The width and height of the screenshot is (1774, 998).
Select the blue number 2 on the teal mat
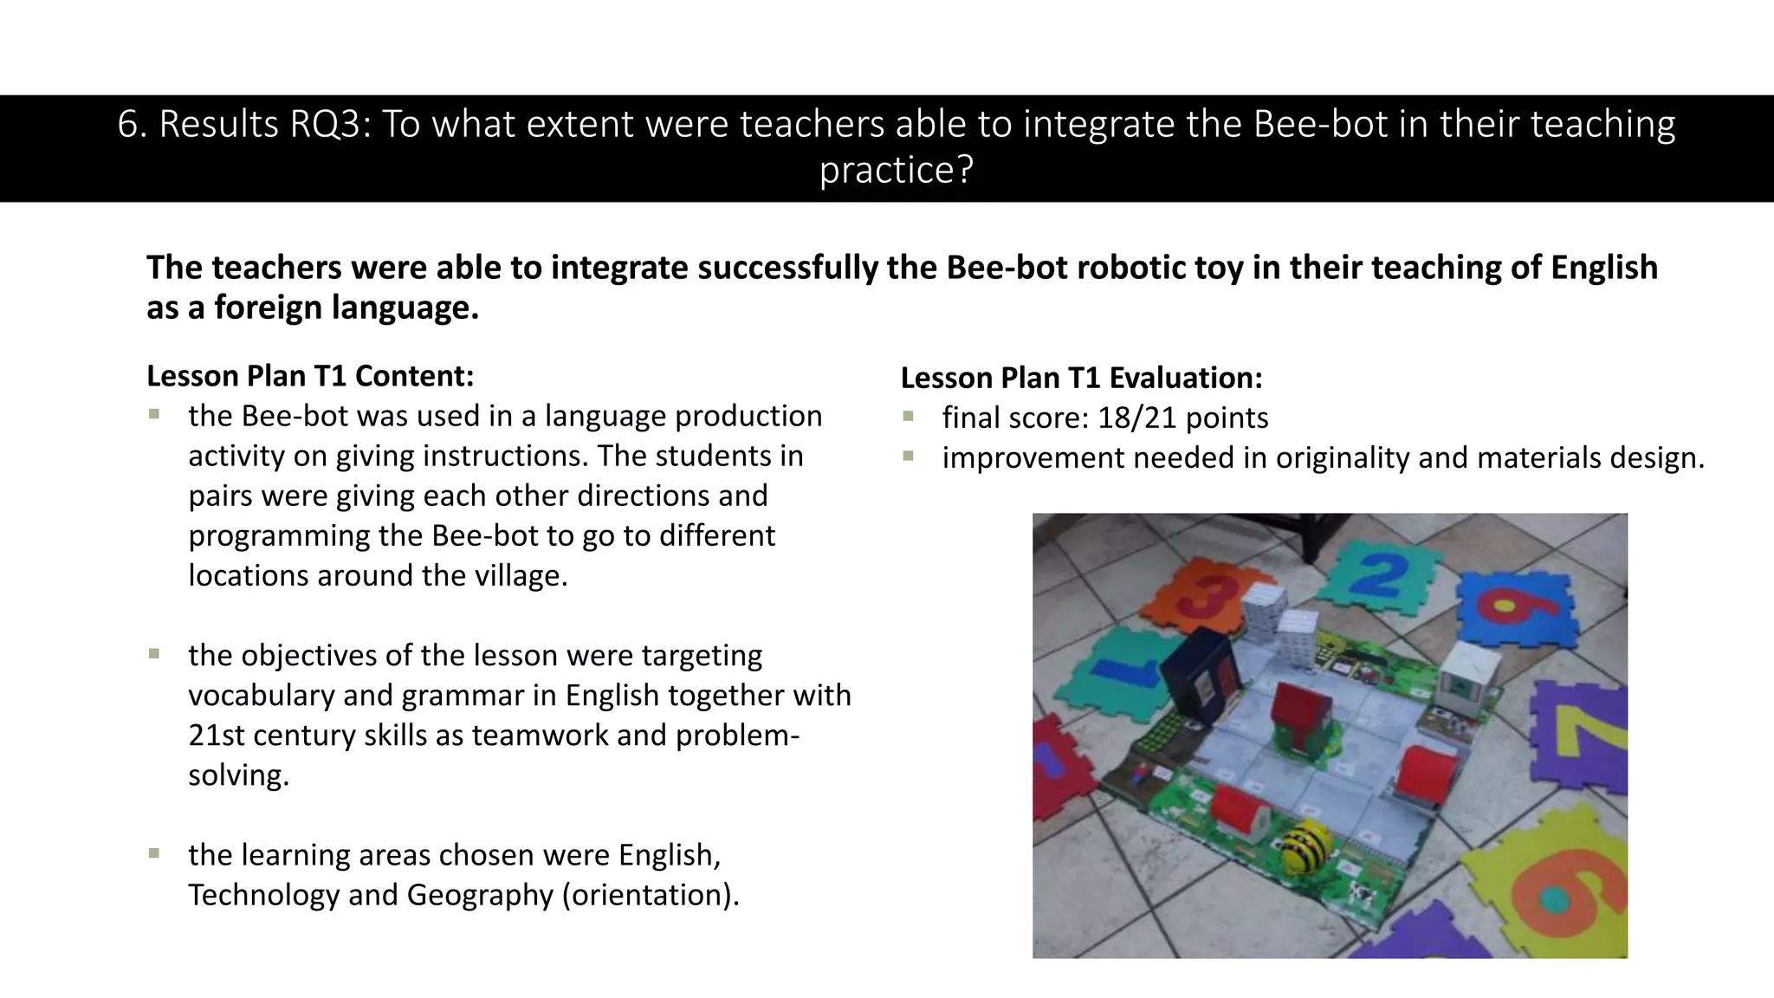1379,574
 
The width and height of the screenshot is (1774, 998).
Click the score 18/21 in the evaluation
1137,418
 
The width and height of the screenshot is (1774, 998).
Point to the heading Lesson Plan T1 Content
310,376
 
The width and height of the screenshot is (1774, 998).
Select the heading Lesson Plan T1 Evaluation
1081,378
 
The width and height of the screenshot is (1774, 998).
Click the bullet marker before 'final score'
908,417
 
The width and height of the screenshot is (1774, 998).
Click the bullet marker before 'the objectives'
154,654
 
